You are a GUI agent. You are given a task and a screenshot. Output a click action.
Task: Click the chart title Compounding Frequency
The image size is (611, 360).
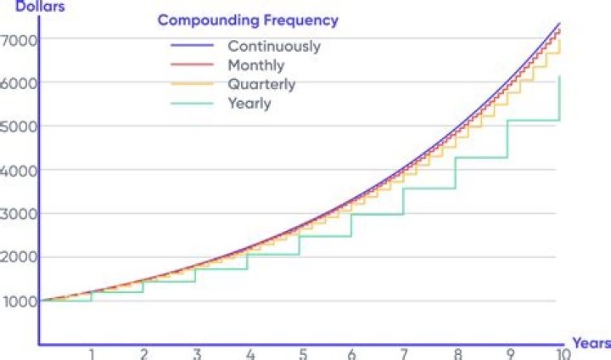248,20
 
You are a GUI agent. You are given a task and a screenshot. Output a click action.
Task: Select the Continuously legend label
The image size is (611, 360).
273,46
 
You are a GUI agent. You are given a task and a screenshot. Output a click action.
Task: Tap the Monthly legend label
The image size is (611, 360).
255,65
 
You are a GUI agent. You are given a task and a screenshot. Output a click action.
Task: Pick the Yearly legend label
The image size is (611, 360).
249,104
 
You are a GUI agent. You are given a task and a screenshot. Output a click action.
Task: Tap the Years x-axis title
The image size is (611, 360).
591,343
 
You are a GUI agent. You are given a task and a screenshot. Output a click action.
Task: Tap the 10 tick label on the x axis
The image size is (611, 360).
561,353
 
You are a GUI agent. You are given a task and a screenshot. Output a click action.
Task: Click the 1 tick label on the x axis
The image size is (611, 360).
92,353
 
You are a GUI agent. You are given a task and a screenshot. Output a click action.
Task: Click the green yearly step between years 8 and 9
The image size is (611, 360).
482,157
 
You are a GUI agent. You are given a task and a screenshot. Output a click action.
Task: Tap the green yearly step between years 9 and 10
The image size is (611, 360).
533,121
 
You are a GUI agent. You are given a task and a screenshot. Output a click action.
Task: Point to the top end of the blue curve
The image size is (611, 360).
560,23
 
